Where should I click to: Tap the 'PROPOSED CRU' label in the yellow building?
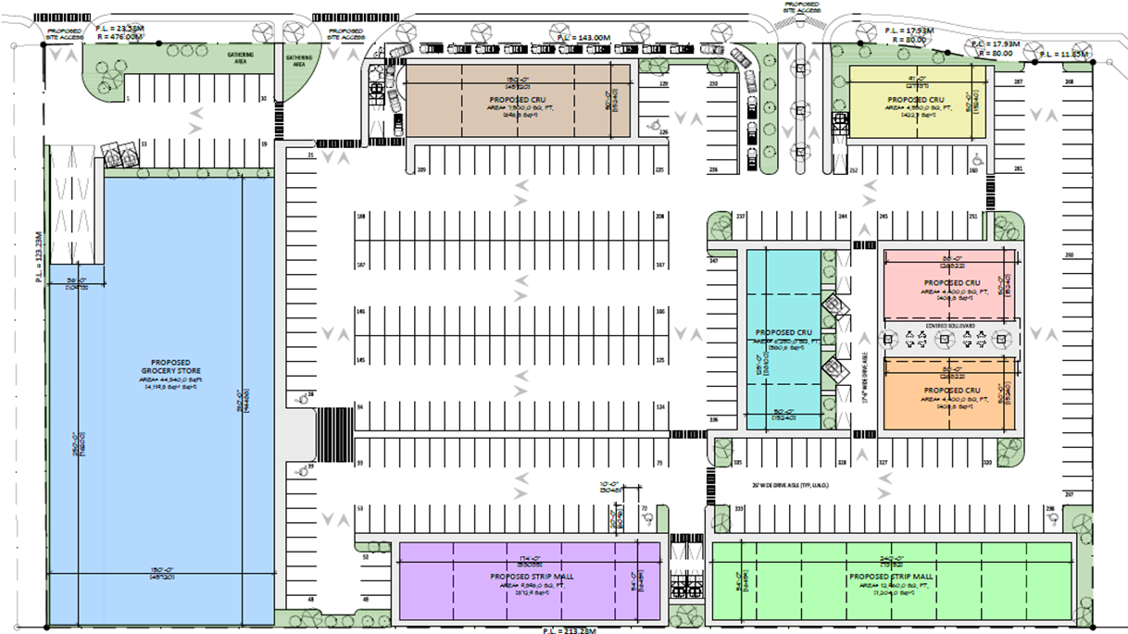(x=915, y=100)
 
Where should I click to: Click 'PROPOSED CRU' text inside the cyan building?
(x=783, y=332)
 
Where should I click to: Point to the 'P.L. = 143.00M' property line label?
(x=583, y=37)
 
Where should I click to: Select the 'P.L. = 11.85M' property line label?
(x=1062, y=56)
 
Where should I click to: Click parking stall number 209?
(x=421, y=170)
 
